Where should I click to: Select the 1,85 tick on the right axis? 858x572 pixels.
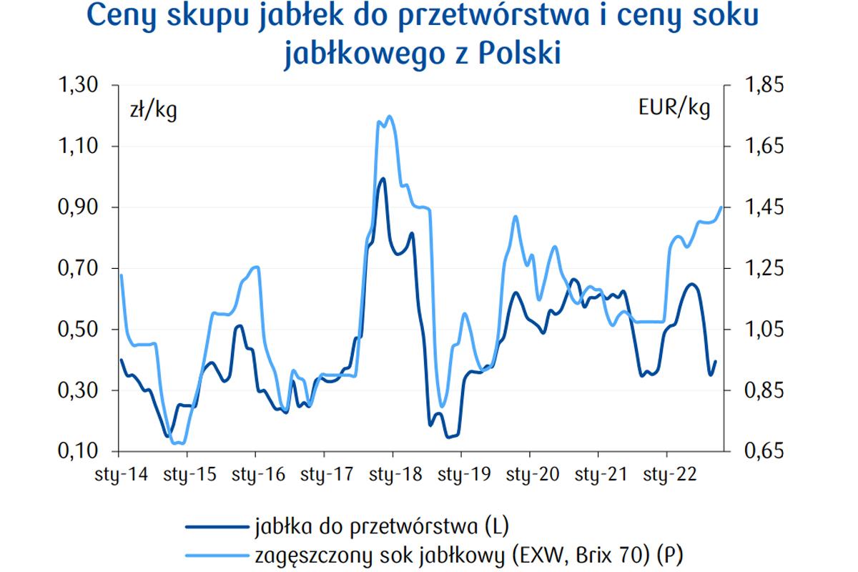(764, 85)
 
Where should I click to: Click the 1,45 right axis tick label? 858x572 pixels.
(764, 207)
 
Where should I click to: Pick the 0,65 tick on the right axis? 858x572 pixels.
(764, 452)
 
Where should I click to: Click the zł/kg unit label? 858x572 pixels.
(152, 111)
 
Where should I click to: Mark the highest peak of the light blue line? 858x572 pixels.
(390, 116)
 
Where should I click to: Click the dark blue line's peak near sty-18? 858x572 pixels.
(383, 179)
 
